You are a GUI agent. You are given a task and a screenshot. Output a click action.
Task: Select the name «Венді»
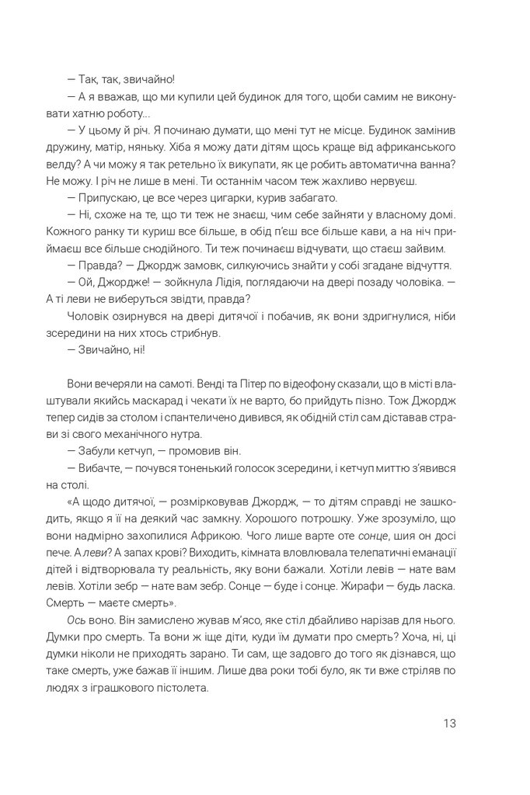(x=188, y=384)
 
